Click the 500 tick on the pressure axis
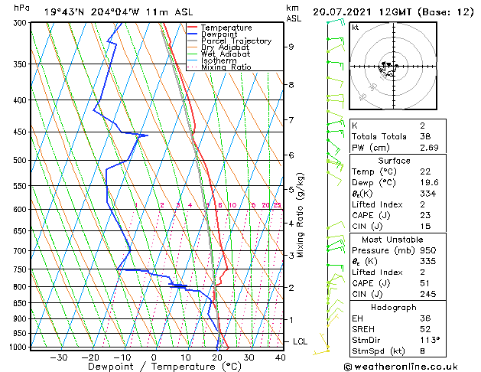21,161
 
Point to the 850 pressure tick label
21,303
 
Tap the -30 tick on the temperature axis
59,357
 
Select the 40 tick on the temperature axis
281,357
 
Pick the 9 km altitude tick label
291,47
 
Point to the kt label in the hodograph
355,27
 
